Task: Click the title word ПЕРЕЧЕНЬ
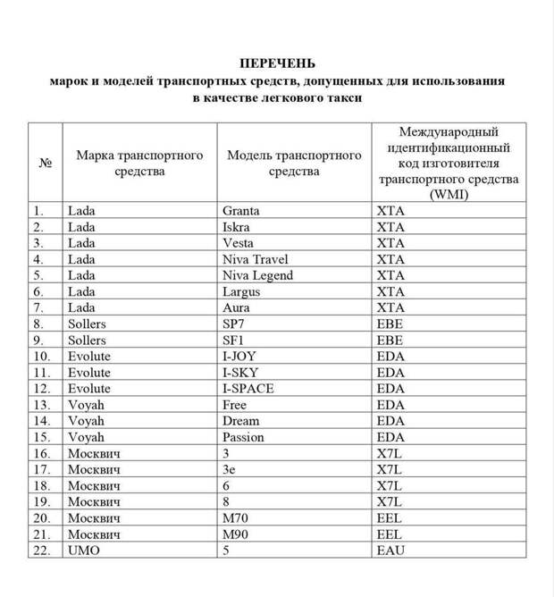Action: coord(277,63)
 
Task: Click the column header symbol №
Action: coord(45,164)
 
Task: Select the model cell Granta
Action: coord(241,211)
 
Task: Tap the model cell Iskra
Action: coord(238,227)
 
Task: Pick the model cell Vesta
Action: coord(239,243)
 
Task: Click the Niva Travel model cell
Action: coord(256,259)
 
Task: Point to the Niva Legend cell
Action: coord(258,275)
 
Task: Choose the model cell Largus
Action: coord(242,291)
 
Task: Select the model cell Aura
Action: coord(238,307)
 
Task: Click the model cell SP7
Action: coord(235,324)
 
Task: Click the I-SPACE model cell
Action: coord(248,388)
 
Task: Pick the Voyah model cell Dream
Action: coord(241,421)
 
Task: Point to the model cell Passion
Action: coord(244,437)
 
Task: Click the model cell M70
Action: coord(237,517)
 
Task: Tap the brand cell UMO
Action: coord(84,551)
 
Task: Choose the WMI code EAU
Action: coord(390,551)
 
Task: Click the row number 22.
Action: coord(42,551)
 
